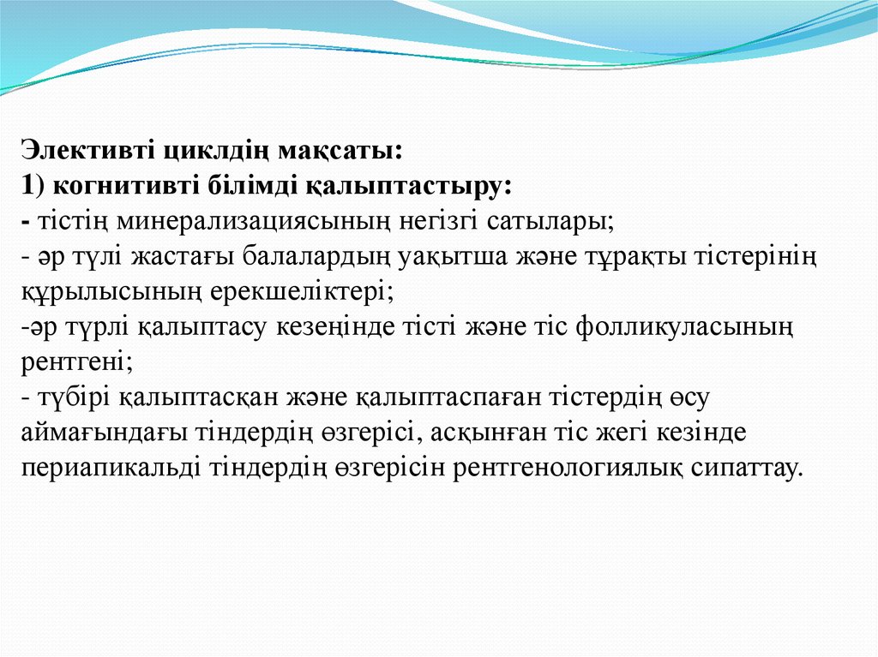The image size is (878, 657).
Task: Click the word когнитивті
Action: pyautogui.click(x=116, y=186)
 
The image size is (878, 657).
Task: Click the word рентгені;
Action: pyautogui.click(x=76, y=361)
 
